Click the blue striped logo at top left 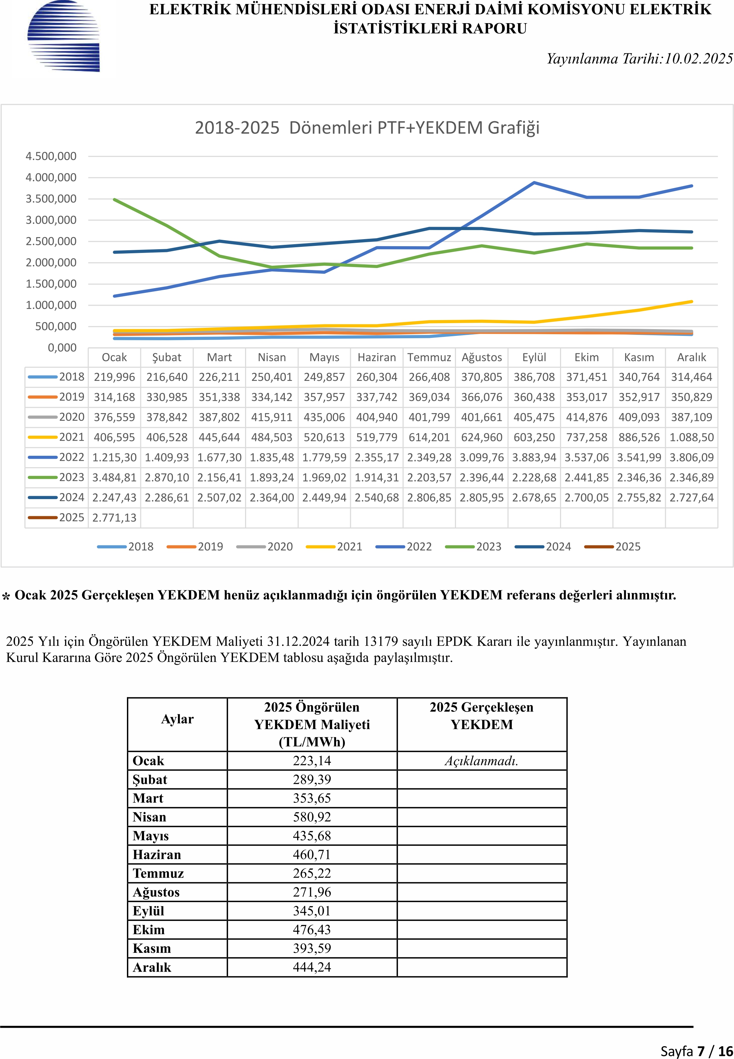tap(63, 36)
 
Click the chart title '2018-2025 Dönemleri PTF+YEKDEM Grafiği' tap(367, 127)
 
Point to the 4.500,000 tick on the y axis tap(51, 157)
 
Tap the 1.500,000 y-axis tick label tap(51, 284)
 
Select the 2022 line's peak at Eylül tap(534, 183)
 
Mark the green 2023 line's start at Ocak tap(114, 200)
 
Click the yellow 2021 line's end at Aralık tap(692, 302)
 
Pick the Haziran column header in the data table tap(377, 357)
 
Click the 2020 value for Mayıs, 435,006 tap(324, 417)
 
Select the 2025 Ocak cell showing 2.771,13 tap(114, 518)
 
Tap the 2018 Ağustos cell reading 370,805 tap(481, 377)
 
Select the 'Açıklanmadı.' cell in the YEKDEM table tap(481, 761)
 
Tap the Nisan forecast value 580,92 tap(312, 817)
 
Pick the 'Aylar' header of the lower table tap(178, 719)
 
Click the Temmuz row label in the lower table tap(158, 873)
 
